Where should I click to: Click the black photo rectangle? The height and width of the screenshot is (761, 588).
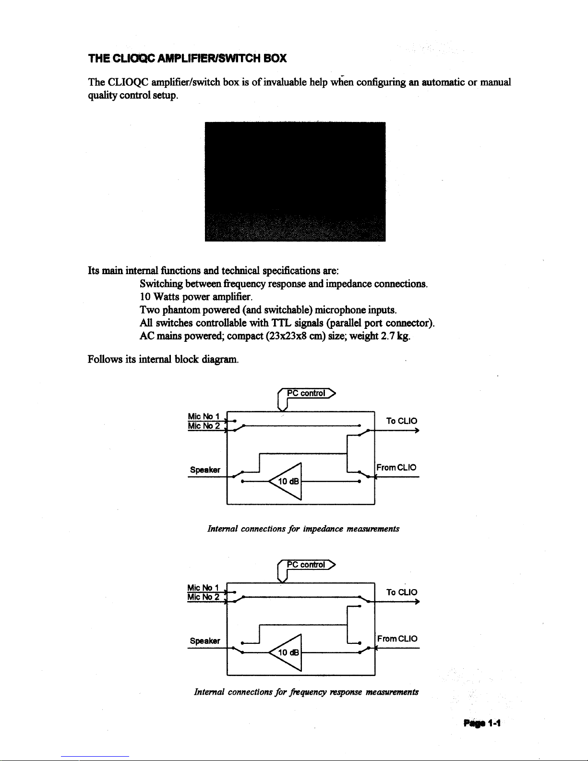295,181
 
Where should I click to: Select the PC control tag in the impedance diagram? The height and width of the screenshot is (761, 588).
306,393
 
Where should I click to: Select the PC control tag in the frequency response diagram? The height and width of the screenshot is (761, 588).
306,565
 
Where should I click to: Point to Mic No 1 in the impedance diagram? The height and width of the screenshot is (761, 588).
204,416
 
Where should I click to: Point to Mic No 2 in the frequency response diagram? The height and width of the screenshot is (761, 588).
204,597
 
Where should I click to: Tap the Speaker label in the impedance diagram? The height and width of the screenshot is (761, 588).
205,470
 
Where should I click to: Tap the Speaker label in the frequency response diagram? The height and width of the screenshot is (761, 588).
205,641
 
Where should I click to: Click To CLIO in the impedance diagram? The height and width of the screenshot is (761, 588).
402,421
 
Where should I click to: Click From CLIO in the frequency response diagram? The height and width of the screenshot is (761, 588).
397,639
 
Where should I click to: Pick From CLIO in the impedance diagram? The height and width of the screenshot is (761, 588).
396,467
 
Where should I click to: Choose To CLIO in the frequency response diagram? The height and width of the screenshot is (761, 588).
402,592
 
